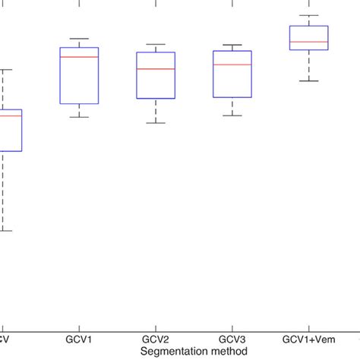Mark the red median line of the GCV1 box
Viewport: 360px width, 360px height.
(79, 57)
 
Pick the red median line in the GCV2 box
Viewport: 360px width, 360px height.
(156, 69)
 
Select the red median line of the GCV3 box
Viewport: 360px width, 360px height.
(232, 65)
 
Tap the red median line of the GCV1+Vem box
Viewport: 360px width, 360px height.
(309, 42)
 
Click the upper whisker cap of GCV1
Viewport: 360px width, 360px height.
(79, 39)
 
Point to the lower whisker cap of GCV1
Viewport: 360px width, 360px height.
(79, 117)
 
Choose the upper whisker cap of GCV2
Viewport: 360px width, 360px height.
(156, 45)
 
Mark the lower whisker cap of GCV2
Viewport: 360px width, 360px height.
(156, 123)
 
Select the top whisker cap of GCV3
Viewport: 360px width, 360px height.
(232, 45)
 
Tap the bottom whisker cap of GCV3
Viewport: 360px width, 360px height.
(232, 115)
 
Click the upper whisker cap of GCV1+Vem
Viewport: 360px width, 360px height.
(309, 15)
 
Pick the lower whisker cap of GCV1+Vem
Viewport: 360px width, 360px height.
(309, 81)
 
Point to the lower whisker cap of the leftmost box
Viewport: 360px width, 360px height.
(4, 230)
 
